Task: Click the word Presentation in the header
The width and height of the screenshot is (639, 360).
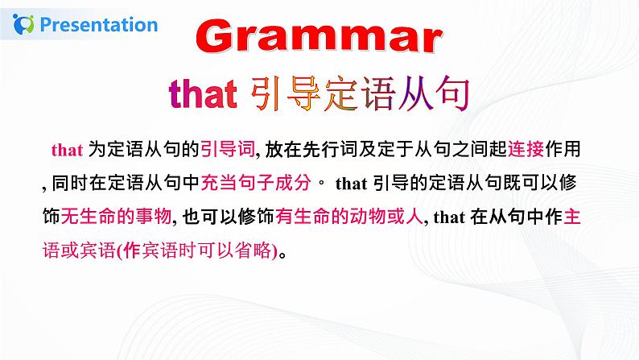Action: pyautogui.click(x=99, y=24)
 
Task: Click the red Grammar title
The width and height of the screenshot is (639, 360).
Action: pyautogui.click(x=319, y=39)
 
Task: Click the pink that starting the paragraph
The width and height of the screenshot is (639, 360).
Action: pyautogui.click(x=63, y=150)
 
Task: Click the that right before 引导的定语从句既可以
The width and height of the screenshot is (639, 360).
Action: pyautogui.click(x=351, y=183)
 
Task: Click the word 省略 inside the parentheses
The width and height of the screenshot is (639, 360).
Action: pyautogui.click(x=249, y=250)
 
